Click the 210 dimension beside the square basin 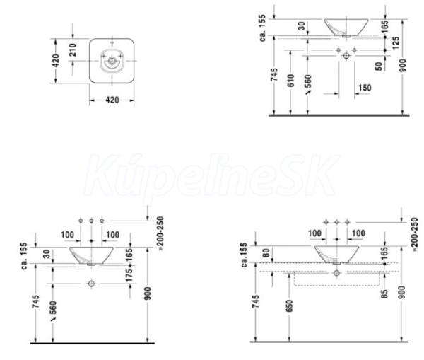pos(73,50)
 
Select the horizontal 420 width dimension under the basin pos(112,100)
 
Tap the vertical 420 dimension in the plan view pos(56,61)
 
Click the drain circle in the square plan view pos(112,61)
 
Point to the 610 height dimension pos(291,81)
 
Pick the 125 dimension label pos(396,43)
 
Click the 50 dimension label pos(379,66)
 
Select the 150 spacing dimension pos(365,88)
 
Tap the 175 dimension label pos(129,275)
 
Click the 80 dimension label pos(266,253)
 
